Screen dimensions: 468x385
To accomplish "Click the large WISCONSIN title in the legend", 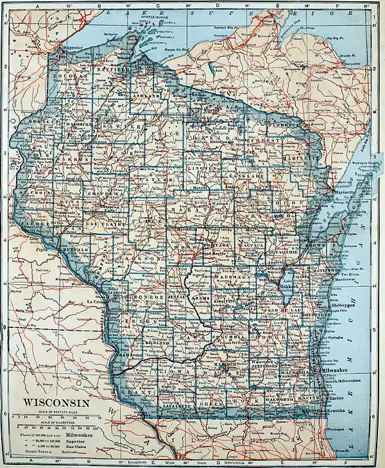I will (57, 403).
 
